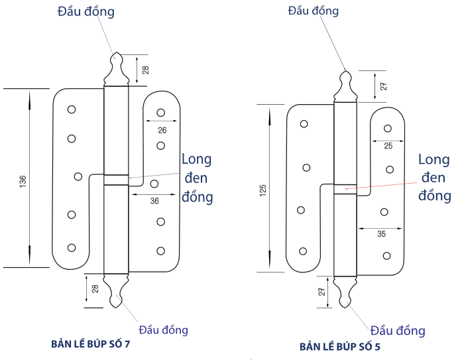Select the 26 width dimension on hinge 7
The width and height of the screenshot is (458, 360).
(x=162, y=130)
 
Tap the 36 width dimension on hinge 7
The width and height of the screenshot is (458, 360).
(x=154, y=200)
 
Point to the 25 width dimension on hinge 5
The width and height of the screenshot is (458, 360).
(x=388, y=145)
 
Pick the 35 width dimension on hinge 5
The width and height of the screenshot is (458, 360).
(x=381, y=234)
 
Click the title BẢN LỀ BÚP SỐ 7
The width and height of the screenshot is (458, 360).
(x=94, y=344)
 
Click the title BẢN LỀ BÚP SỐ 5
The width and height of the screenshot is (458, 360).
(x=340, y=347)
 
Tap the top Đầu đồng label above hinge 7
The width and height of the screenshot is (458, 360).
(x=86, y=11)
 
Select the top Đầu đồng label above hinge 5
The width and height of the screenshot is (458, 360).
(x=314, y=11)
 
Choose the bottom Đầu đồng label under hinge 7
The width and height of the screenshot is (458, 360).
(x=163, y=330)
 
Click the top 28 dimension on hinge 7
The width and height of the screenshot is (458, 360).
(x=145, y=69)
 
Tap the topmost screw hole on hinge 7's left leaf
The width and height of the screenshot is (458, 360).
(x=72, y=109)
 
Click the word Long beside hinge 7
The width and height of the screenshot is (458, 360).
(x=196, y=159)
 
